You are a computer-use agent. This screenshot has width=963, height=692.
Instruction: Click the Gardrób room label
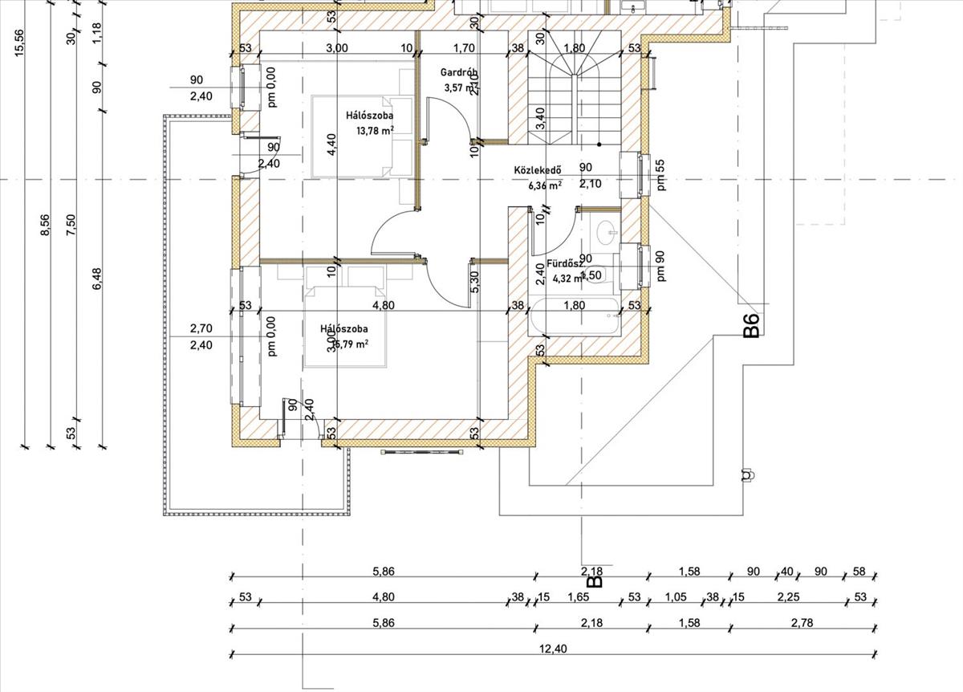(x=459, y=72)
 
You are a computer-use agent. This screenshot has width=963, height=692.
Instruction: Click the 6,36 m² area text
(x=545, y=185)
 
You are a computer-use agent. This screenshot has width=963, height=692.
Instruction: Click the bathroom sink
(x=607, y=234)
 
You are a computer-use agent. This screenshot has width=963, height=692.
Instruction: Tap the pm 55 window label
(x=660, y=174)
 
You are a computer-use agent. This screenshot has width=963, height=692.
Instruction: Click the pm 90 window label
(x=660, y=265)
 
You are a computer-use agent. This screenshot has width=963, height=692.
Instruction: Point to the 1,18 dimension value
(x=97, y=32)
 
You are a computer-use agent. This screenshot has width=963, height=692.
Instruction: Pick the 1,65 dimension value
(x=579, y=596)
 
